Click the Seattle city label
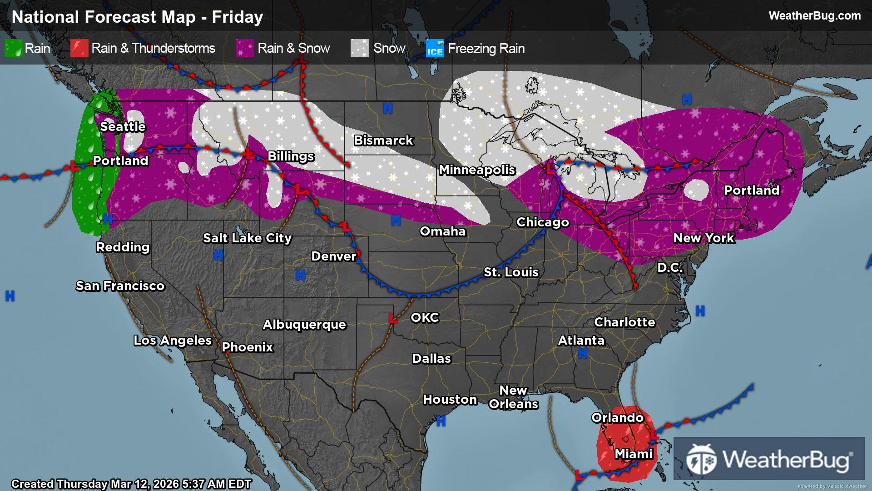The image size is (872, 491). point(123,126)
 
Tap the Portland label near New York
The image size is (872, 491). point(751,190)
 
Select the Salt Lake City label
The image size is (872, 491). point(247,238)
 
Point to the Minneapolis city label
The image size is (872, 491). point(477,170)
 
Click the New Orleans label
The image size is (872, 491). point(513,397)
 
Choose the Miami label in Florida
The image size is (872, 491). point(633,454)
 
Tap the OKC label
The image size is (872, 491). point(425,317)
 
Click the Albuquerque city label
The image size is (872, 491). point(304,324)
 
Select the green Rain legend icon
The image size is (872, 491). point(13,48)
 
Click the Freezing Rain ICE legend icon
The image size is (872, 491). point(435,49)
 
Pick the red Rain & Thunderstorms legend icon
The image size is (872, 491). point(79,48)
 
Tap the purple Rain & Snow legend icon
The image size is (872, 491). point(244,48)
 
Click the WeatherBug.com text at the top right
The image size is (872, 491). point(814,16)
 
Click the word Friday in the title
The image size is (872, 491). point(237,17)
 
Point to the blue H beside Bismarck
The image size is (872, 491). point(387,108)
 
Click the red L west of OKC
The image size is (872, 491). point(393,318)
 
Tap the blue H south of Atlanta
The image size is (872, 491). point(582,353)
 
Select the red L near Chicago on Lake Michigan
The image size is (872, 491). point(550,170)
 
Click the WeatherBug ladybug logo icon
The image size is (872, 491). point(701,459)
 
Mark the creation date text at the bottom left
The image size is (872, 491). point(131,484)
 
